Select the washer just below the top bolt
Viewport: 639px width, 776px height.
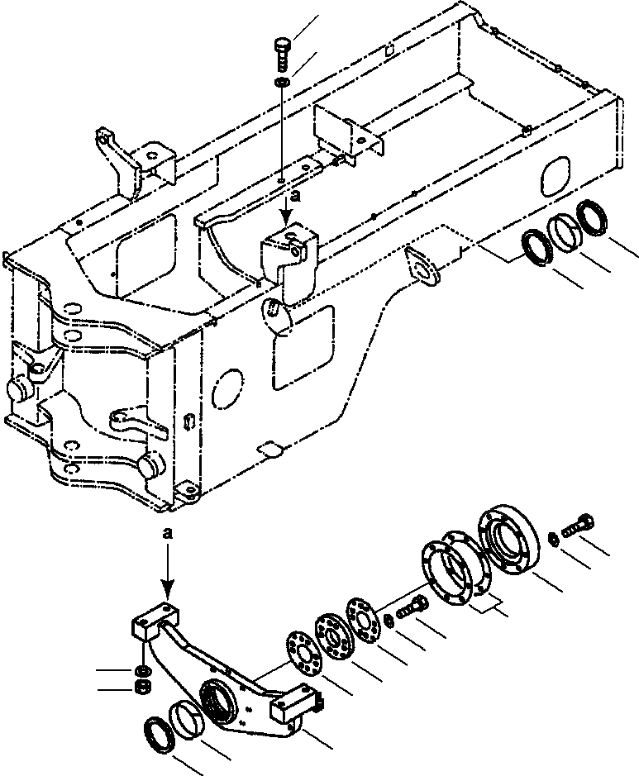pyautogui.click(x=283, y=82)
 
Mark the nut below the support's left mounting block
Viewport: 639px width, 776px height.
pyautogui.click(x=143, y=687)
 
